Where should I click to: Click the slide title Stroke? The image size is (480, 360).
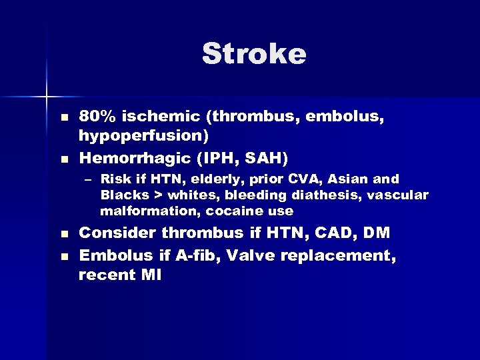pos(254,54)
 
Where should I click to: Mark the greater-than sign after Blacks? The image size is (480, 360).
pos(158,195)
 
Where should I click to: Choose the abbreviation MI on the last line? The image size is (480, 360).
pos(150,274)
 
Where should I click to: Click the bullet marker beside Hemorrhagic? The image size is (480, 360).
pos(64,159)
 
